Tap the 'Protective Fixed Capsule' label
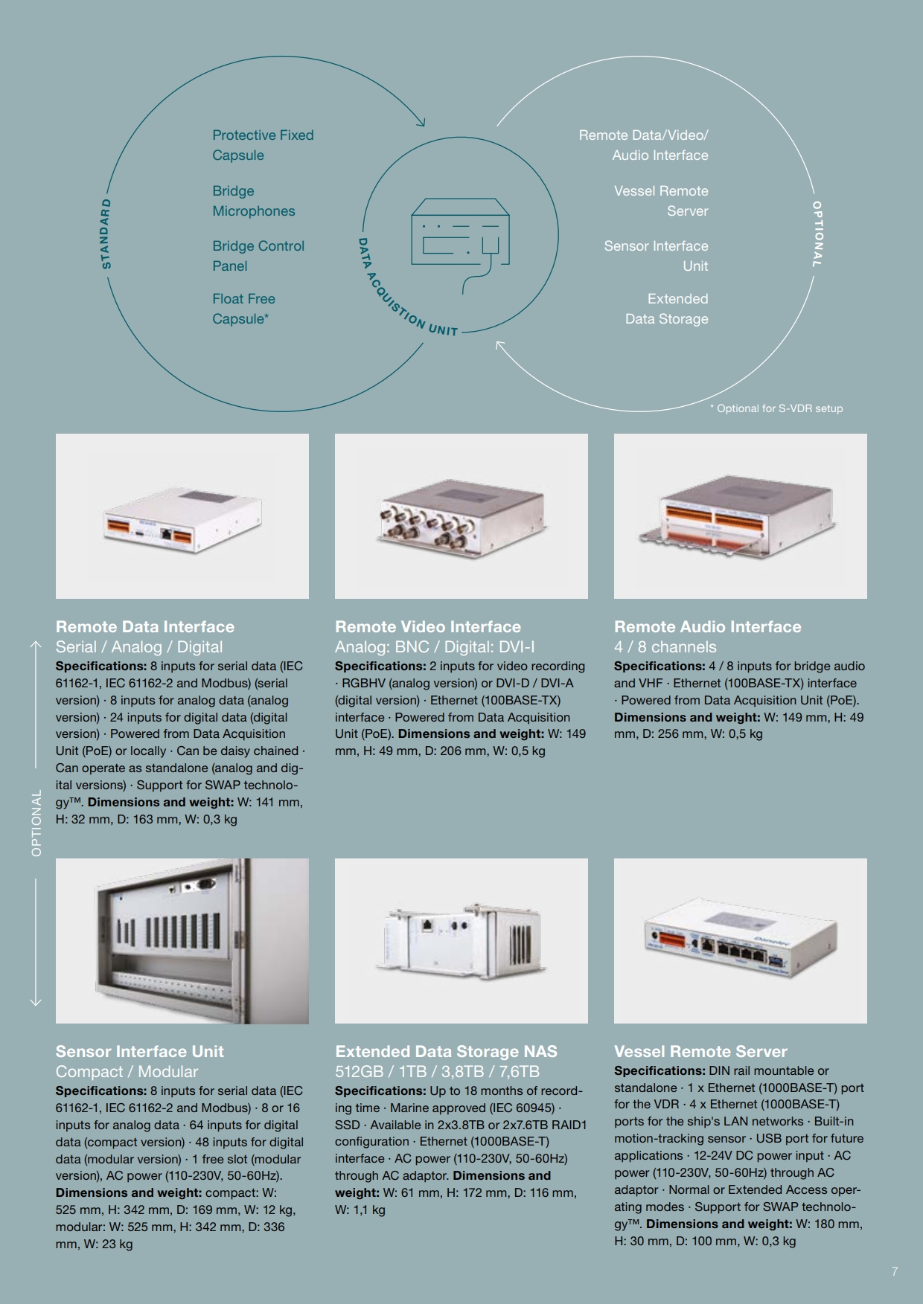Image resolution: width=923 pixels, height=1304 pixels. pyautogui.click(x=263, y=145)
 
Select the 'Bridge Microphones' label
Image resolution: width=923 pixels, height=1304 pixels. pyautogui.click(x=254, y=201)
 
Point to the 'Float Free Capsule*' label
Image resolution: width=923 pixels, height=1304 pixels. pyautogui.click(x=243, y=309)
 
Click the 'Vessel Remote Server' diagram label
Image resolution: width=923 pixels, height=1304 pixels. pyautogui.click(x=661, y=201)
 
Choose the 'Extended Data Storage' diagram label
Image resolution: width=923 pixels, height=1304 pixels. pyautogui.click(x=667, y=309)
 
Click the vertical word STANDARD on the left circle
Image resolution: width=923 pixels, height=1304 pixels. pyautogui.click(x=106, y=234)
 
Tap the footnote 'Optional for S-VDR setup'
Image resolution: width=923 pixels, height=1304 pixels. pyautogui.click(x=776, y=408)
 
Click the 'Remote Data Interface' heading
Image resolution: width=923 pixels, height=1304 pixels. pyautogui.click(x=145, y=626)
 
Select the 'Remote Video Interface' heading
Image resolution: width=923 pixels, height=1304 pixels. pyautogui.click(x=428, y=626)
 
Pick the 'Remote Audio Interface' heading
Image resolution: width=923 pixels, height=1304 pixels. pyautogui.click(x=708, y=626)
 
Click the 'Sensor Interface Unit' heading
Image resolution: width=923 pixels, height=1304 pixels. pyautogui.click(x=140, y=1051)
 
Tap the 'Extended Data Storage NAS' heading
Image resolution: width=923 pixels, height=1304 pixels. pyautogui.click(x=446, y=1051)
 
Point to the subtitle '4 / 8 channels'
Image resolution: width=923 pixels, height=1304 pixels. pyautogui.click(x=665, y=647)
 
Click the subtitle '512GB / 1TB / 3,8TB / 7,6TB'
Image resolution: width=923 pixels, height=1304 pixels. pyautogui.click(x=438, y=1072)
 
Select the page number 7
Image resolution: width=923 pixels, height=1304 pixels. pyautogui.click(x=895, y=1271)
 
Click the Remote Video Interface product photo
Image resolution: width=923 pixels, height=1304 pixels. pyautogui.click(x=461, y=516)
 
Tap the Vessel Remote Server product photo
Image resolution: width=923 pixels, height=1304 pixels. pyautogui.click(x=741, y=941)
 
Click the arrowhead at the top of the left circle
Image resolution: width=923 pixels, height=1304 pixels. pyautogui.click(x=421, y=121)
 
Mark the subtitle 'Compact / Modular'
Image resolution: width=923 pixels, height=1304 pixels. pyautogui.click(x=127, y=1072)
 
